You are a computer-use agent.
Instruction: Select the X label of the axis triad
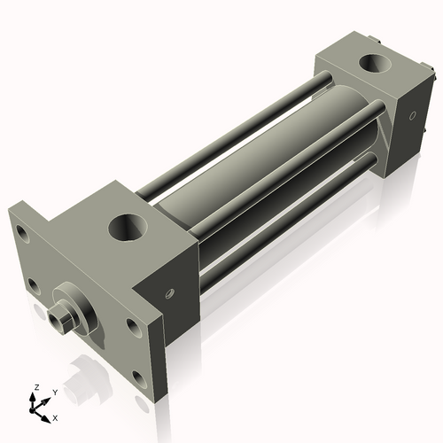(x=56, y=416)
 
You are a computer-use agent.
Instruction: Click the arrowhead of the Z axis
(x=35, y=395)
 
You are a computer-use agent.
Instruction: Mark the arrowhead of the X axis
(x=48, y=414)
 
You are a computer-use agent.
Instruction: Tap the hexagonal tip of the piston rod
(x=62, y=315)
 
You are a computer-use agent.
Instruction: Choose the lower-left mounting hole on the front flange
(x=33, y=285)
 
